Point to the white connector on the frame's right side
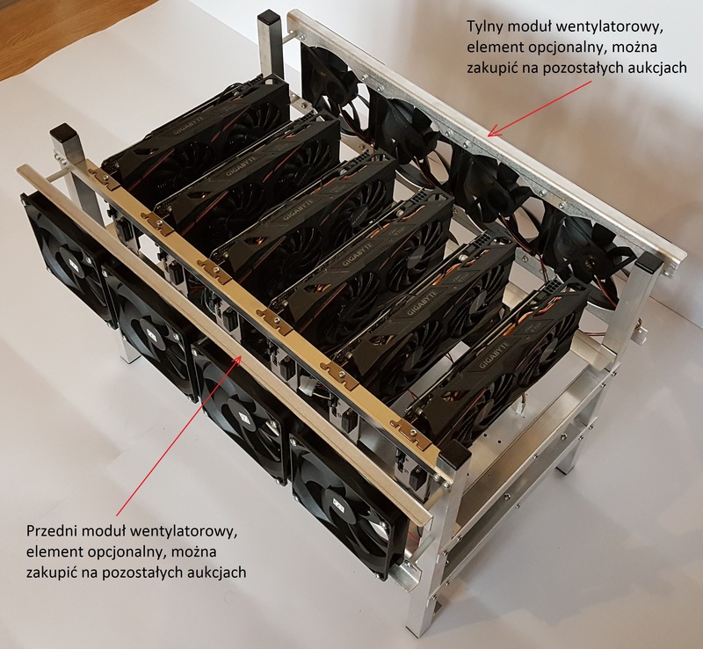640,334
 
